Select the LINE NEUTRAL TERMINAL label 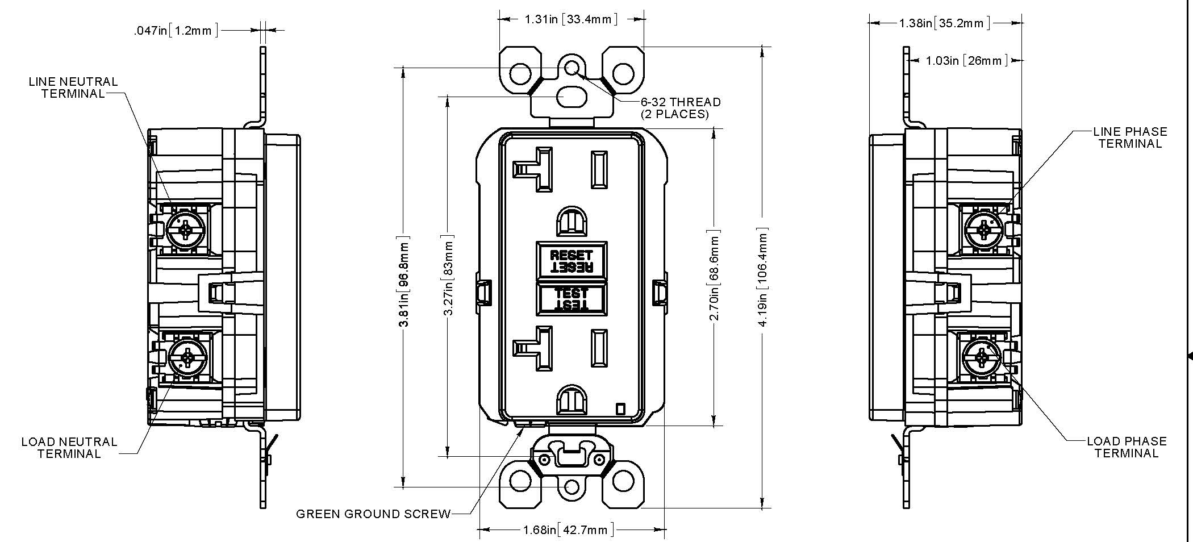tap(73, 87)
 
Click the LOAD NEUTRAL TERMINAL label tap(69, 448)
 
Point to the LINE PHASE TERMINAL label tap(1131, 137)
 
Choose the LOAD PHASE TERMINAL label tap(1127, 447)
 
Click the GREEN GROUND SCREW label tap(373, 514)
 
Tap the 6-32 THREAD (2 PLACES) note tap(681, 108)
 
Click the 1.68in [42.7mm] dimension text tap(569, 530)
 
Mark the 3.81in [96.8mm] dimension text tap(404, 282)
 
